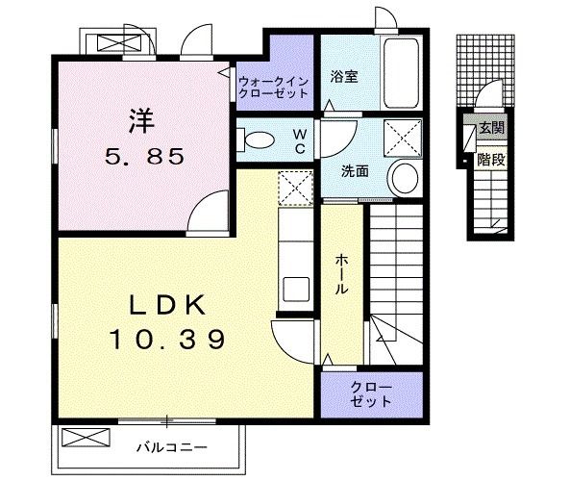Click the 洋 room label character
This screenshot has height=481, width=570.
140,122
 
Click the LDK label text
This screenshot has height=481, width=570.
168,306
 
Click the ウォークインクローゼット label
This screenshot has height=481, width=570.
274,88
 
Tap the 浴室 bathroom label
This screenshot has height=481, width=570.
344,77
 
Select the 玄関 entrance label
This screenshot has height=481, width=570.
490,127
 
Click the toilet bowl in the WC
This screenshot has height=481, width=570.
257,139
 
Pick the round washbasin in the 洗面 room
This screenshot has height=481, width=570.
405,178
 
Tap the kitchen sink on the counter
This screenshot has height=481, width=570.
295,288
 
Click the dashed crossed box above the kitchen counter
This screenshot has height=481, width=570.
292,187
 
